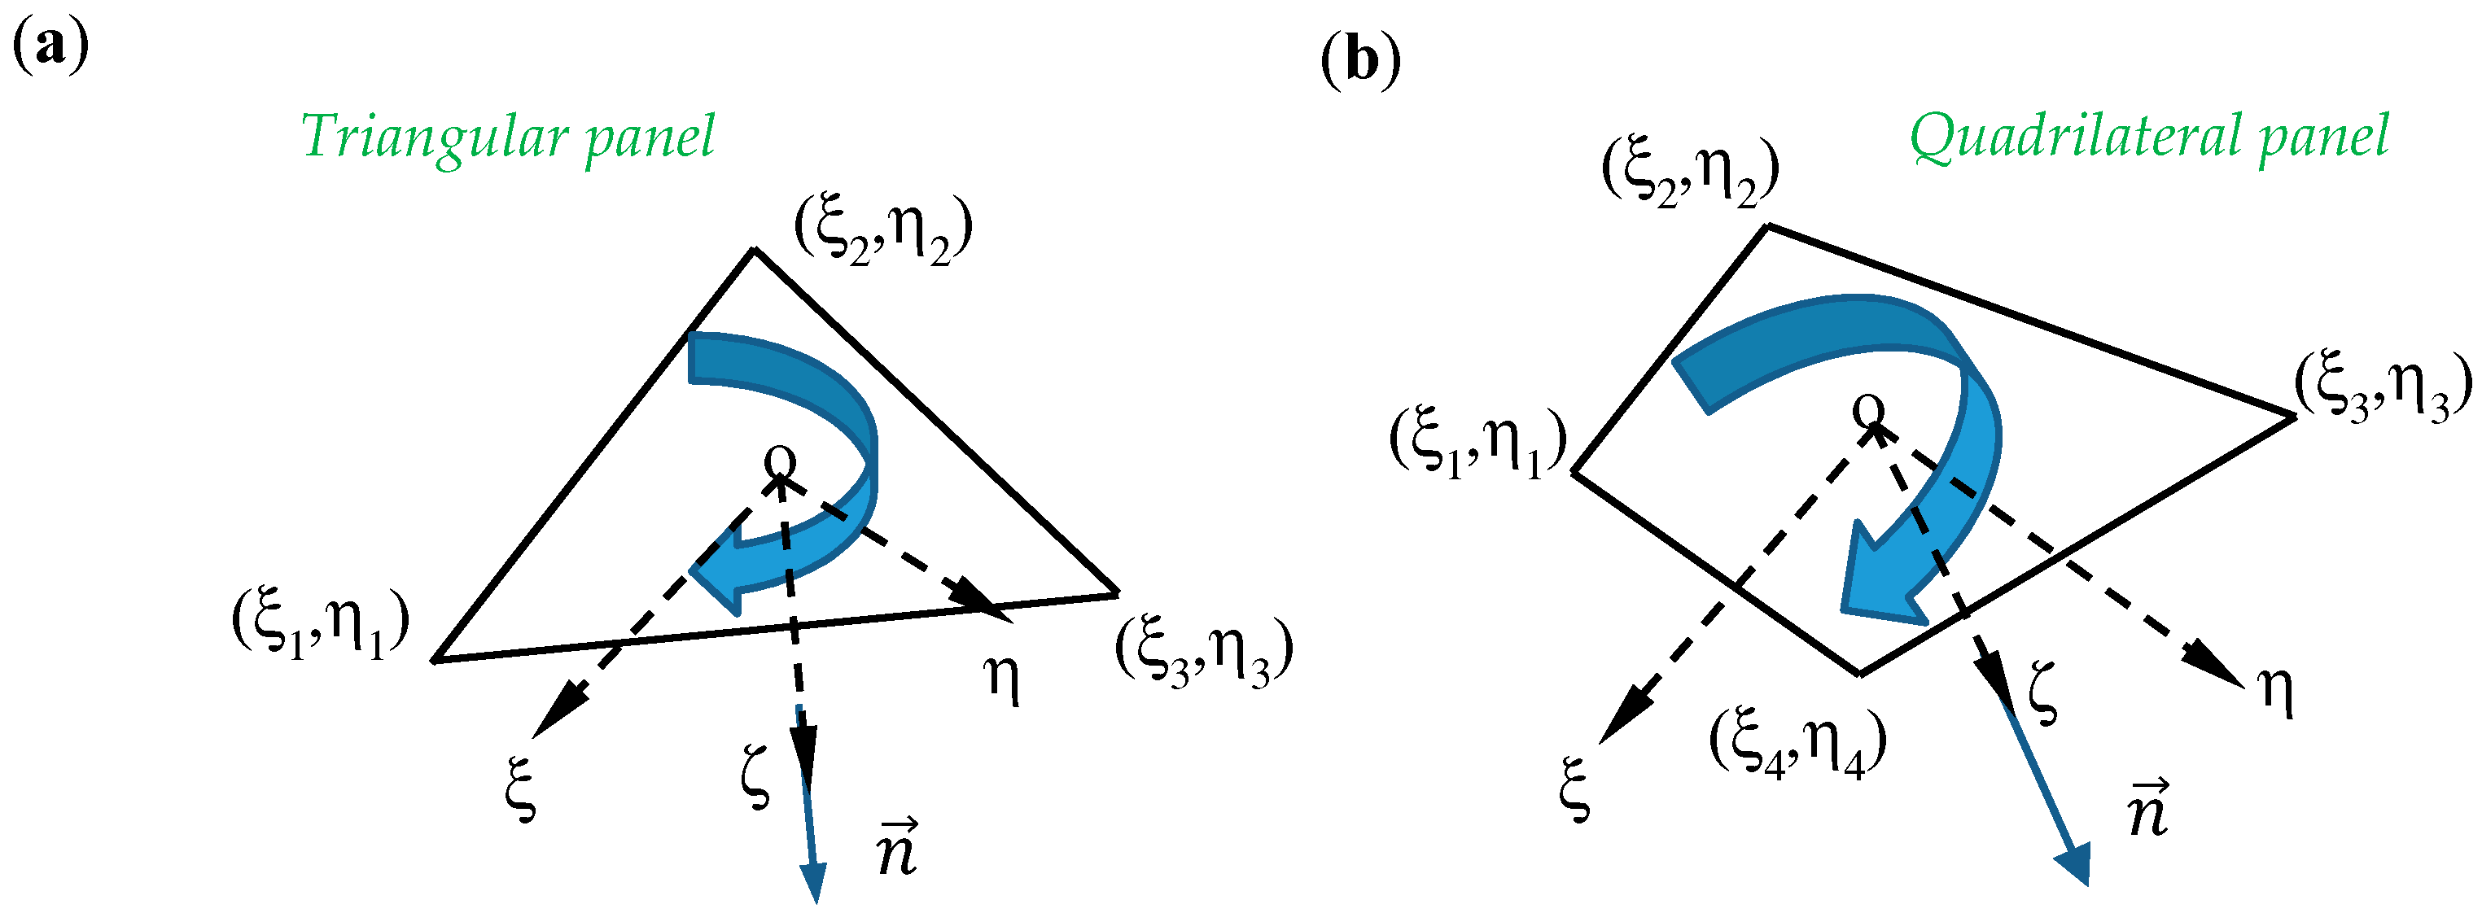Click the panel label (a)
pos(50,46)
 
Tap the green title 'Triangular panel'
pos(508,137)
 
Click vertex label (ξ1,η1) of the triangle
pos(320,624)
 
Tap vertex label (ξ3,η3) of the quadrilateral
pos(2383,387)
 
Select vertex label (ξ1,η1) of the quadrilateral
pos(1477,443)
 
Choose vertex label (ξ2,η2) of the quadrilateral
pos(1690,173)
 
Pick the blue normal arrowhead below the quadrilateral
pos(2073,864)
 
